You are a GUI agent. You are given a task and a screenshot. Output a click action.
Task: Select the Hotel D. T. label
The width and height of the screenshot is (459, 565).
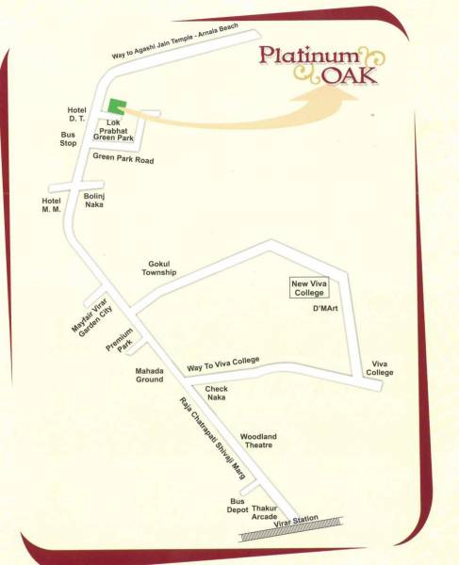pos(76,115)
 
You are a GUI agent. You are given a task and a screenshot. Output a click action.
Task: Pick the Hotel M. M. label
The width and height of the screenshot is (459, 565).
pos(51,205)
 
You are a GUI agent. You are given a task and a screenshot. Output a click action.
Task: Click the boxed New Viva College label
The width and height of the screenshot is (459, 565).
pos(309,287)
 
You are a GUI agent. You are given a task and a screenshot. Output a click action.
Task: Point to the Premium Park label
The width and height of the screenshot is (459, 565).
pos(121,347)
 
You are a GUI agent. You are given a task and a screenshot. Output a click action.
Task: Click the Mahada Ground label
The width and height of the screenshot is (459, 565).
pos(149,376)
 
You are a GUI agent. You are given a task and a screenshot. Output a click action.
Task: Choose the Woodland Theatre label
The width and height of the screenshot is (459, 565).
pos(257,443)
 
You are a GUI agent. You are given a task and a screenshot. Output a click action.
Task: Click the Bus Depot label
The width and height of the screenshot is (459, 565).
pos(237,507)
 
